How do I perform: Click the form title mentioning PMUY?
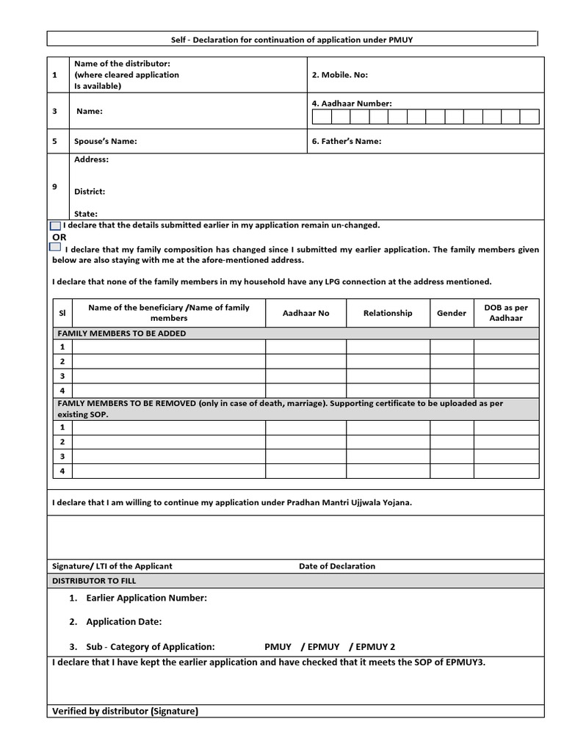click(x=292, y=39)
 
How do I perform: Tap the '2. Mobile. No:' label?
click(x=339, y=75)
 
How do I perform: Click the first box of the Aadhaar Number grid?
click(x=322, y=117)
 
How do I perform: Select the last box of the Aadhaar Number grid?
click(x=529, y=117)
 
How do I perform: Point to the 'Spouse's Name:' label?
click(x=105, y=141)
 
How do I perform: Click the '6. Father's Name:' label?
click(x=347, y=141)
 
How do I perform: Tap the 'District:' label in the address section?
click(x=90, y=192)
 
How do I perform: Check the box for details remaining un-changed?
click(x=56, y=225)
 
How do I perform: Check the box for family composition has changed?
click(x=56, y=247)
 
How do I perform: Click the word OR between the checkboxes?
click(x=59, y=237)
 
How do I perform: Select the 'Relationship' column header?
click(x=388, y=313)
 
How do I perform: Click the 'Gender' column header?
click(x=452, y=313)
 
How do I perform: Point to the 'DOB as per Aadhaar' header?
click(x=506, y=313)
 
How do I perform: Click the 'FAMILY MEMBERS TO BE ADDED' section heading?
click(x=122, y=333)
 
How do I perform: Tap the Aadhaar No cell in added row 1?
click(x=305, y=347)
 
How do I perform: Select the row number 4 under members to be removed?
click(x=62, y=471)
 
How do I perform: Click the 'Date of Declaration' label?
click(x=336, y=566)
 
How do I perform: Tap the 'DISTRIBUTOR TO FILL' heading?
click(x=93, y=580)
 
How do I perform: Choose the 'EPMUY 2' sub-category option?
click(x=374, y=647)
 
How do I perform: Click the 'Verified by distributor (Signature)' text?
click(x=125, y=711)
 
